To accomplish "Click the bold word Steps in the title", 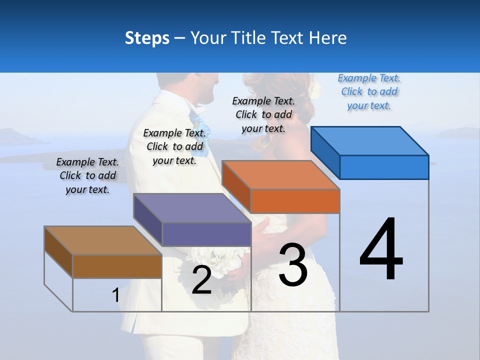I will pyautogui.click(x=147, y=38).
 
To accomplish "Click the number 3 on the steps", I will pyautogui.click(x=293, y=265).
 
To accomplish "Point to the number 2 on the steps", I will pyautogui.click(x=201, y=280).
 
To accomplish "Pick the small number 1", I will pyautogui.click(x=116, y=295).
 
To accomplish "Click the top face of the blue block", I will pyautogui.click(x=370, y=140).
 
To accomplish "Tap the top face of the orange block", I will pyautogui.click(x=281, y=175).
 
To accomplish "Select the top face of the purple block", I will pyautogui.click(x=192, y=208).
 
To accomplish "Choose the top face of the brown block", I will pyautogui.click(x=103, y=240).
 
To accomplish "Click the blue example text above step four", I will pyautogui.click(x=369, y=91).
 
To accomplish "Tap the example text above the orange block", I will pyautogui.click(x=263, y=114).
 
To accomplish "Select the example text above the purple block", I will pyautogui.click(x=174, y=146).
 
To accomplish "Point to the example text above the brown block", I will pyautogui.click(x=87, y=175).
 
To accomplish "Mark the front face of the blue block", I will pyautogui.click(x=384, y=167).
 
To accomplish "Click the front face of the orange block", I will pyautogui.click(x=295, y=201).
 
